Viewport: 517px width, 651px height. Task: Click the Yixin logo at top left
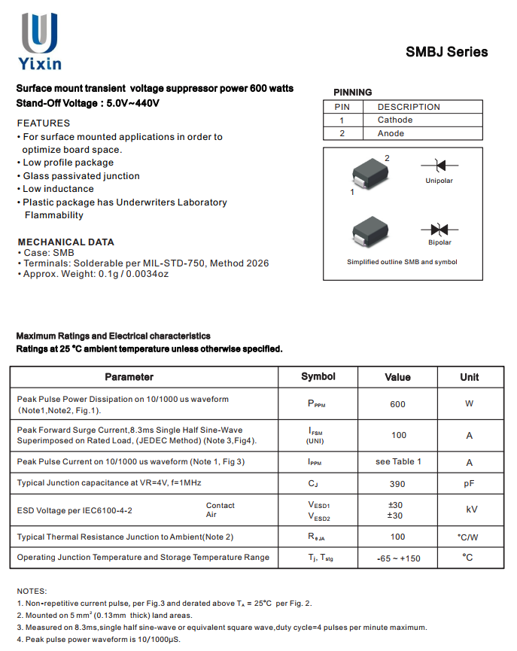(x=40, y=42)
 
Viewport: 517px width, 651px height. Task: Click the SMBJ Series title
(x=446, y=52)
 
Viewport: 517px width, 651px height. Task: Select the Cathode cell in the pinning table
(x=395, y=120)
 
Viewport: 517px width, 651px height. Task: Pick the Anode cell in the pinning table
(x=391, y=134)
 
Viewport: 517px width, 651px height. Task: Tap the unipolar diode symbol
(x=439, y=166)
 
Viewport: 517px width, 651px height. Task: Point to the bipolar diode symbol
(x=439, y=229)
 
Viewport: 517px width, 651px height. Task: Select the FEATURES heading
(x=43, y=123)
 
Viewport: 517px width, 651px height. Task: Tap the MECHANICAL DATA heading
(x=65, y=242)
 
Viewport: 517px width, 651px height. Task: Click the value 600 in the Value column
(x=397, y=404)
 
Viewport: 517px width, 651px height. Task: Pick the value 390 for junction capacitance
(x=397, y=484)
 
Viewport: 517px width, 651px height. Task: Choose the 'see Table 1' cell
(x=398, y=461)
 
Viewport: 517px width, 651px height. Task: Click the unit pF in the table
(x=469, y=484)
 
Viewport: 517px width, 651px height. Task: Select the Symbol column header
(x=318, y=376)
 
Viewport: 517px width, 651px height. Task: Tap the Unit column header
(x=469, y=377)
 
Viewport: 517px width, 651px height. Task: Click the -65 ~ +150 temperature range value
(x=398, y=558)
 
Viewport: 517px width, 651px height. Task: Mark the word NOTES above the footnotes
(x=32, y=592)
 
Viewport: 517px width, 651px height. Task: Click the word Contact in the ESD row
(x=220, y=506)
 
